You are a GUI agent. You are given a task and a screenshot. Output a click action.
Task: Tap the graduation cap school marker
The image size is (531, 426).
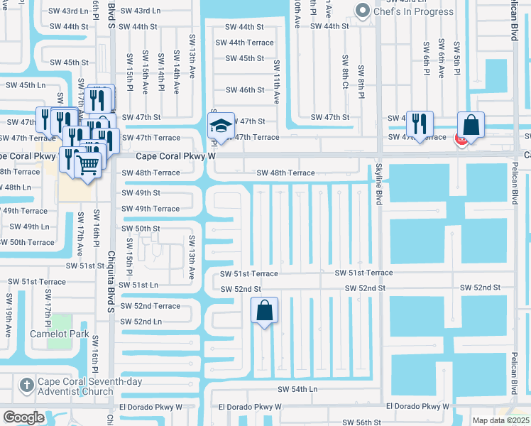(x=221, y=126)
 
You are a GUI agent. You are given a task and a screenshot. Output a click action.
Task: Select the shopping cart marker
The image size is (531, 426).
(x=88, y=165)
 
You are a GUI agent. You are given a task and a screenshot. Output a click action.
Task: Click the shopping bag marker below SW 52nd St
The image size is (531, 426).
(x=264, y=310)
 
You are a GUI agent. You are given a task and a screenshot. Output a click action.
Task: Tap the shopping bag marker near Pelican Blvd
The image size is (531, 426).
(x=471, y=125)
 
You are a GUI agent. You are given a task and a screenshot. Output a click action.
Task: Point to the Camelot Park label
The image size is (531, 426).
(x=60, y=334)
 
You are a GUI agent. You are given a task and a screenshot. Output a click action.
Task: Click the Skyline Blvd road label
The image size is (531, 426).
(x=379, y=185)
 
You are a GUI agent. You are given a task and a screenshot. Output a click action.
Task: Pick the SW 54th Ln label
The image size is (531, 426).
(x=297, y=389)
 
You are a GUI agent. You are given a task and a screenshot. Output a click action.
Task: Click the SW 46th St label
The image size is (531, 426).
(x=245, y=90)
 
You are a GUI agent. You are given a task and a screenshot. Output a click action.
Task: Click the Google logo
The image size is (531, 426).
(x=23, y=417)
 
